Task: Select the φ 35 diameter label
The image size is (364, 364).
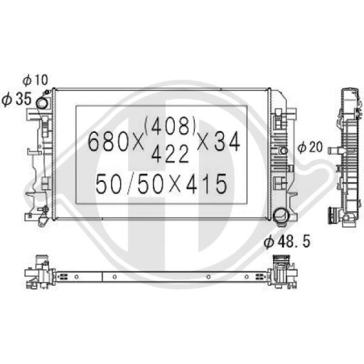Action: coord(16,99)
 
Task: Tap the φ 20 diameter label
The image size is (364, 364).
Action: coord(311,148)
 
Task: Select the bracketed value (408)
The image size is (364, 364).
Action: coord(171,127)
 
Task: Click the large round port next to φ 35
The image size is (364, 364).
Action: coord(43,104)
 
